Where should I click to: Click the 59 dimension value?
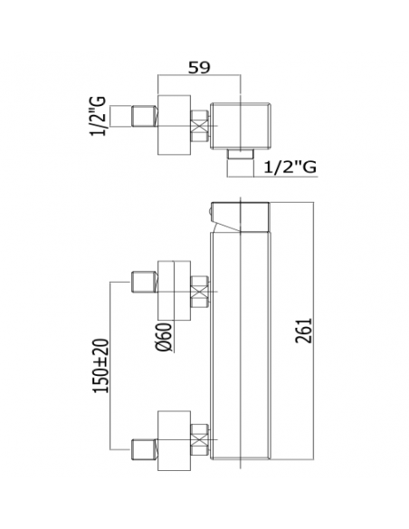point(199,67)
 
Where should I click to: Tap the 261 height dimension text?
point(303,331)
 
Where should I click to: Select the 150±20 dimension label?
point(100,366)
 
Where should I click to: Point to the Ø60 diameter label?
point(165,337)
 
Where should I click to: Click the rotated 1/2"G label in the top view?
point(98,116)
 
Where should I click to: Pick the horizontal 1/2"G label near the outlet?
point(290,167)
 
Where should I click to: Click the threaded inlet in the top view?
point(144,116)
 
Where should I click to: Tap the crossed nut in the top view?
point(199,127)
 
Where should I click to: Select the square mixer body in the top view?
point(241,125)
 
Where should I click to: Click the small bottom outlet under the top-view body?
point(240,153)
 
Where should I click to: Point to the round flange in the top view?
point(174,125)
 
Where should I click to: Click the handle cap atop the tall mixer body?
point(240,217)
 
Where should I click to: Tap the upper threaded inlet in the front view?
point(144,282)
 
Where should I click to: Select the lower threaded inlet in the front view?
point(144,449)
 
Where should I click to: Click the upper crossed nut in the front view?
point(199,292)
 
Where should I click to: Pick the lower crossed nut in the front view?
point(199,439)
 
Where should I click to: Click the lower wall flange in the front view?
point(174,441)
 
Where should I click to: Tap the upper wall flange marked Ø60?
point(174,291)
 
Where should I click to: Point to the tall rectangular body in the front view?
point(240,346)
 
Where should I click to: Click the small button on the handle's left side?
point(210,213)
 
